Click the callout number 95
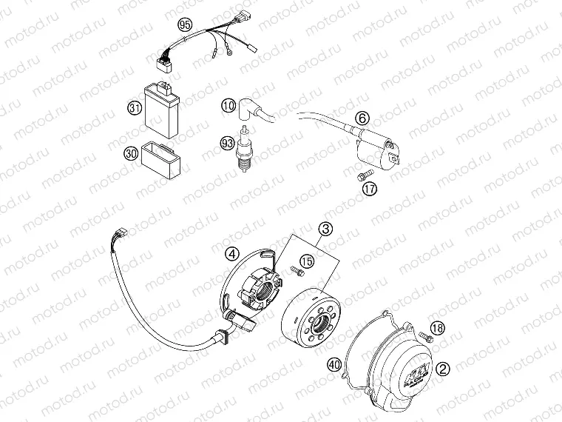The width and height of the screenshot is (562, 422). [x=185, y=24]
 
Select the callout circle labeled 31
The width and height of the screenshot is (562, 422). [x=135, y=108]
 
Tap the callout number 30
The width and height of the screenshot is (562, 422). [x=130, y=153]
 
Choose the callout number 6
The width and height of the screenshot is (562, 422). [x=362, y=118]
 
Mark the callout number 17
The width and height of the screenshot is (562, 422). [x=370, y=188]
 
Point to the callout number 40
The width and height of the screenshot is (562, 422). [x=334, y=364]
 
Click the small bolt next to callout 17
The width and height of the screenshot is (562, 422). [x=359, y=175]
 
